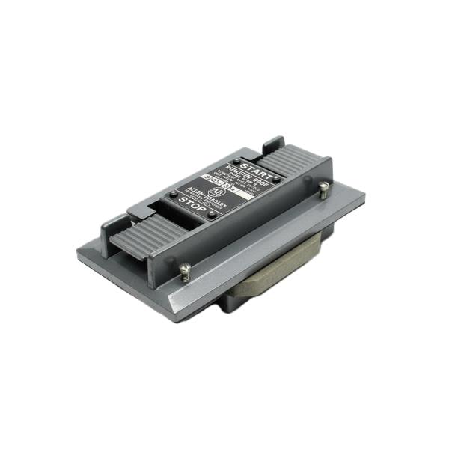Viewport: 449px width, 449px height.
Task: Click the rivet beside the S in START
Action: (236, 160)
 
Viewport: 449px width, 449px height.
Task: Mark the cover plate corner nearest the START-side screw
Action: (362, 197)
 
